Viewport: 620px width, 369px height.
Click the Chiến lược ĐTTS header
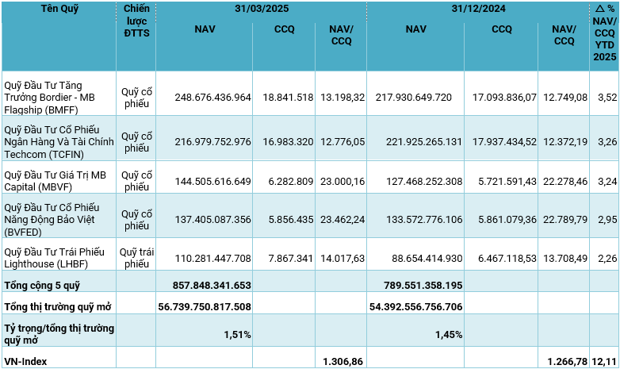tap(136, 20)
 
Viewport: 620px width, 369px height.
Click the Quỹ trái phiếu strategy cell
tap(136, 258)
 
